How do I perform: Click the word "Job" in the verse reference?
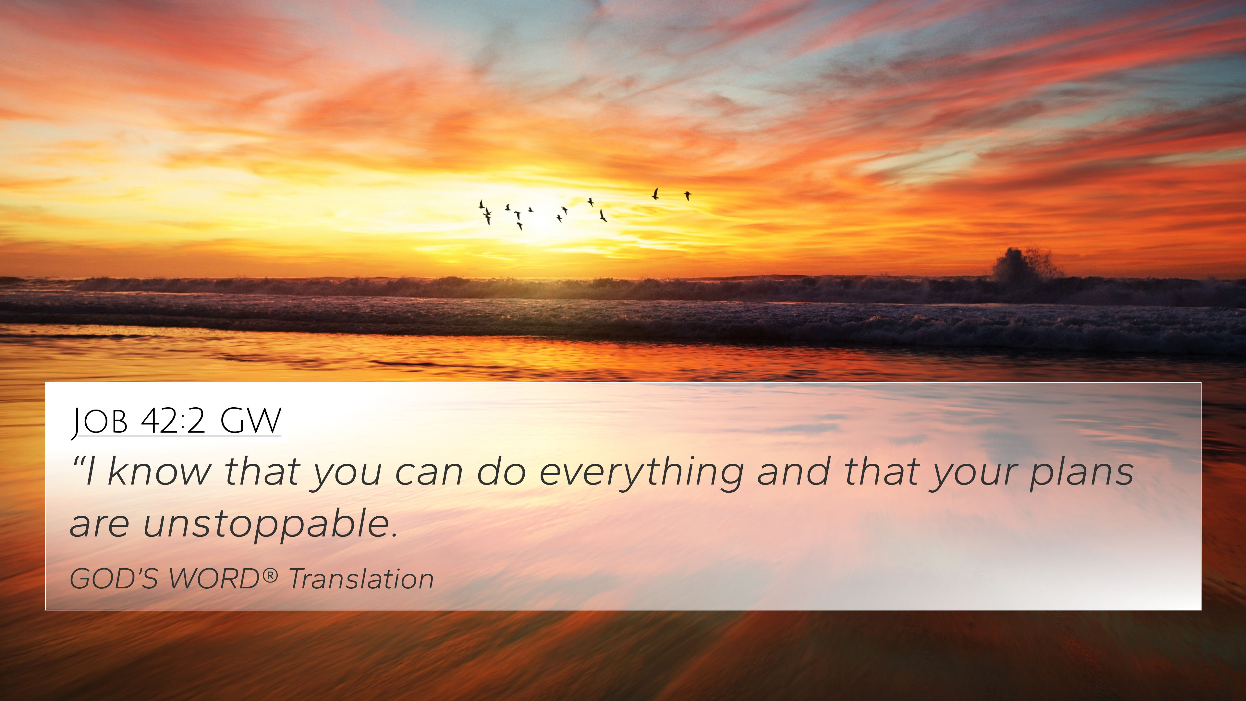coord(100,421)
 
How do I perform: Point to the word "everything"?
coord(641,474)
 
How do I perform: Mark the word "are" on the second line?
coord(100,525)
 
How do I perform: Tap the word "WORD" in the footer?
coord(214,579)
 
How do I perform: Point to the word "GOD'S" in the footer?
coord(114,579)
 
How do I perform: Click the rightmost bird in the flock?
coord(687,195)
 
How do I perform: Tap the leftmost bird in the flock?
coord(481,205)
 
